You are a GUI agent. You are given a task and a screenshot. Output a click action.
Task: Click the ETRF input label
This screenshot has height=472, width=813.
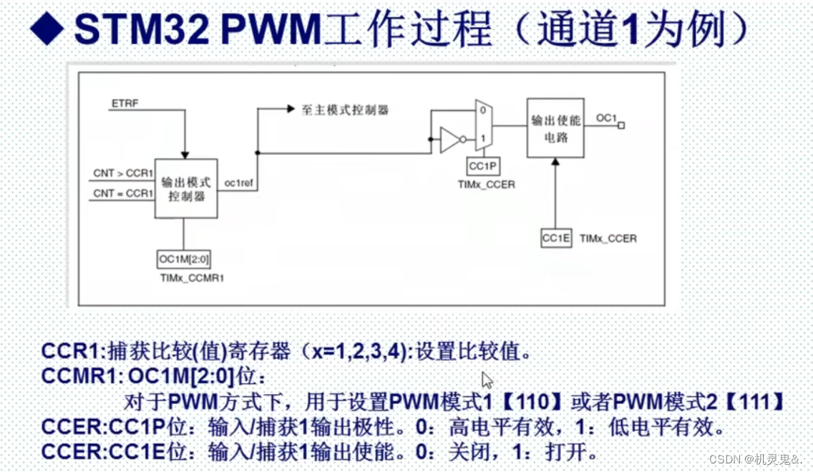[x=125, y=104]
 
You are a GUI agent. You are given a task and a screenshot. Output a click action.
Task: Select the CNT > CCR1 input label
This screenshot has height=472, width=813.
[x=123, y=173]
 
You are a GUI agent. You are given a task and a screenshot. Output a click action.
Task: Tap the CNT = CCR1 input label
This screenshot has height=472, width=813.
[x=123, y=193]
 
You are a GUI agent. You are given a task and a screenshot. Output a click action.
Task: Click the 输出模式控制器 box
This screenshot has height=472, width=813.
[x=186, y=189]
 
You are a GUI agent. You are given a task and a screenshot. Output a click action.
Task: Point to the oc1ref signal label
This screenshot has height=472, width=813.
[x=240, y=183]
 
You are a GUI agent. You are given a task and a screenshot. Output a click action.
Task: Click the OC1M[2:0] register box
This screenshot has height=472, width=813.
[x=184, y=259]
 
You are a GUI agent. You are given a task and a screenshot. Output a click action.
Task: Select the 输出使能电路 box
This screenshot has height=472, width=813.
[x=555, y=128]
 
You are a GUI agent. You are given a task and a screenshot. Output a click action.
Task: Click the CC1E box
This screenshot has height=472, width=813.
[x=556, y=237]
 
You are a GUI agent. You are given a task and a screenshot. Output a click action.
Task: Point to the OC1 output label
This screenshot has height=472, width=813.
[x=606, y=118]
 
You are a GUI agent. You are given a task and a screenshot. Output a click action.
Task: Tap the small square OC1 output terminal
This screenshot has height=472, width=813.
[x=621, y=126]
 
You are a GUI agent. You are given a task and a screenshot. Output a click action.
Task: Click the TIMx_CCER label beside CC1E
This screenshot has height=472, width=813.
[x=608, y=238]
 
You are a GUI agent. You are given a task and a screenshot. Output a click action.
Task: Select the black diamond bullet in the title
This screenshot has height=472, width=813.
[x=49, y=29]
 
